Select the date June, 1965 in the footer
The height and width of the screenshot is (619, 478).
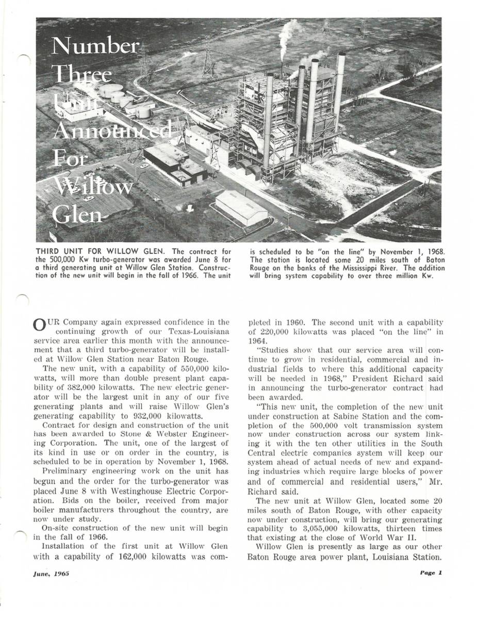click(52, 573)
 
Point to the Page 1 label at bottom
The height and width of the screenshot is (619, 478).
click(431, 573)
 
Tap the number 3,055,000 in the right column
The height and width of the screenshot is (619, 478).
click(321, 529)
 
